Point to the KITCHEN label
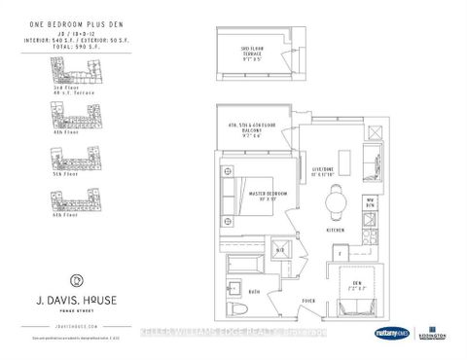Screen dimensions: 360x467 coord(338,230)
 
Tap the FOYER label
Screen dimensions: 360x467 coord(310,302)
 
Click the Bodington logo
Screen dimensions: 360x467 coord(433,334)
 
